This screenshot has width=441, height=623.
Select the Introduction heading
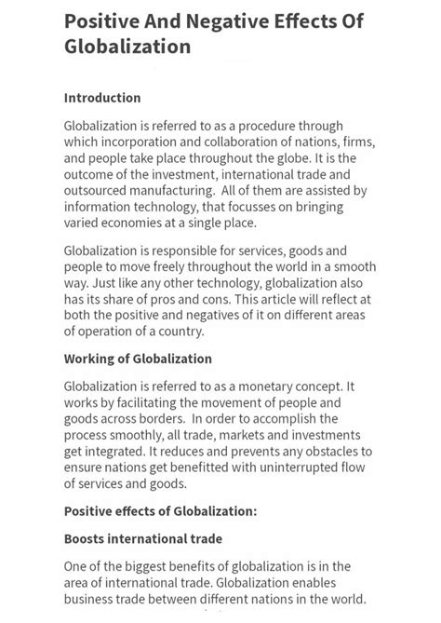102,97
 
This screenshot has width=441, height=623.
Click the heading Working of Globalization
138,359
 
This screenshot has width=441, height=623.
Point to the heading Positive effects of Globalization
160,510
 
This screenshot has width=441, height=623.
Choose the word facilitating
147,402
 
